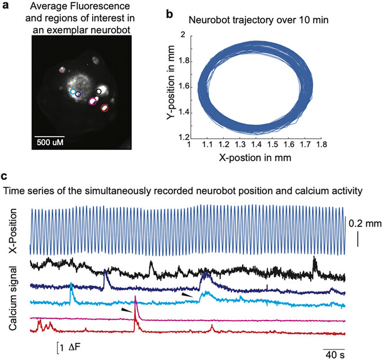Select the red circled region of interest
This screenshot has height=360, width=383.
click(104, 108)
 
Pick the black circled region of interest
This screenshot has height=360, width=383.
click(99, 91)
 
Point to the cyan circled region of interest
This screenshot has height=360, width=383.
click(73, 92)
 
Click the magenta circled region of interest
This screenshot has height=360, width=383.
click(92, 101)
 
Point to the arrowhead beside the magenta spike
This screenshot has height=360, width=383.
click(126, 310)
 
